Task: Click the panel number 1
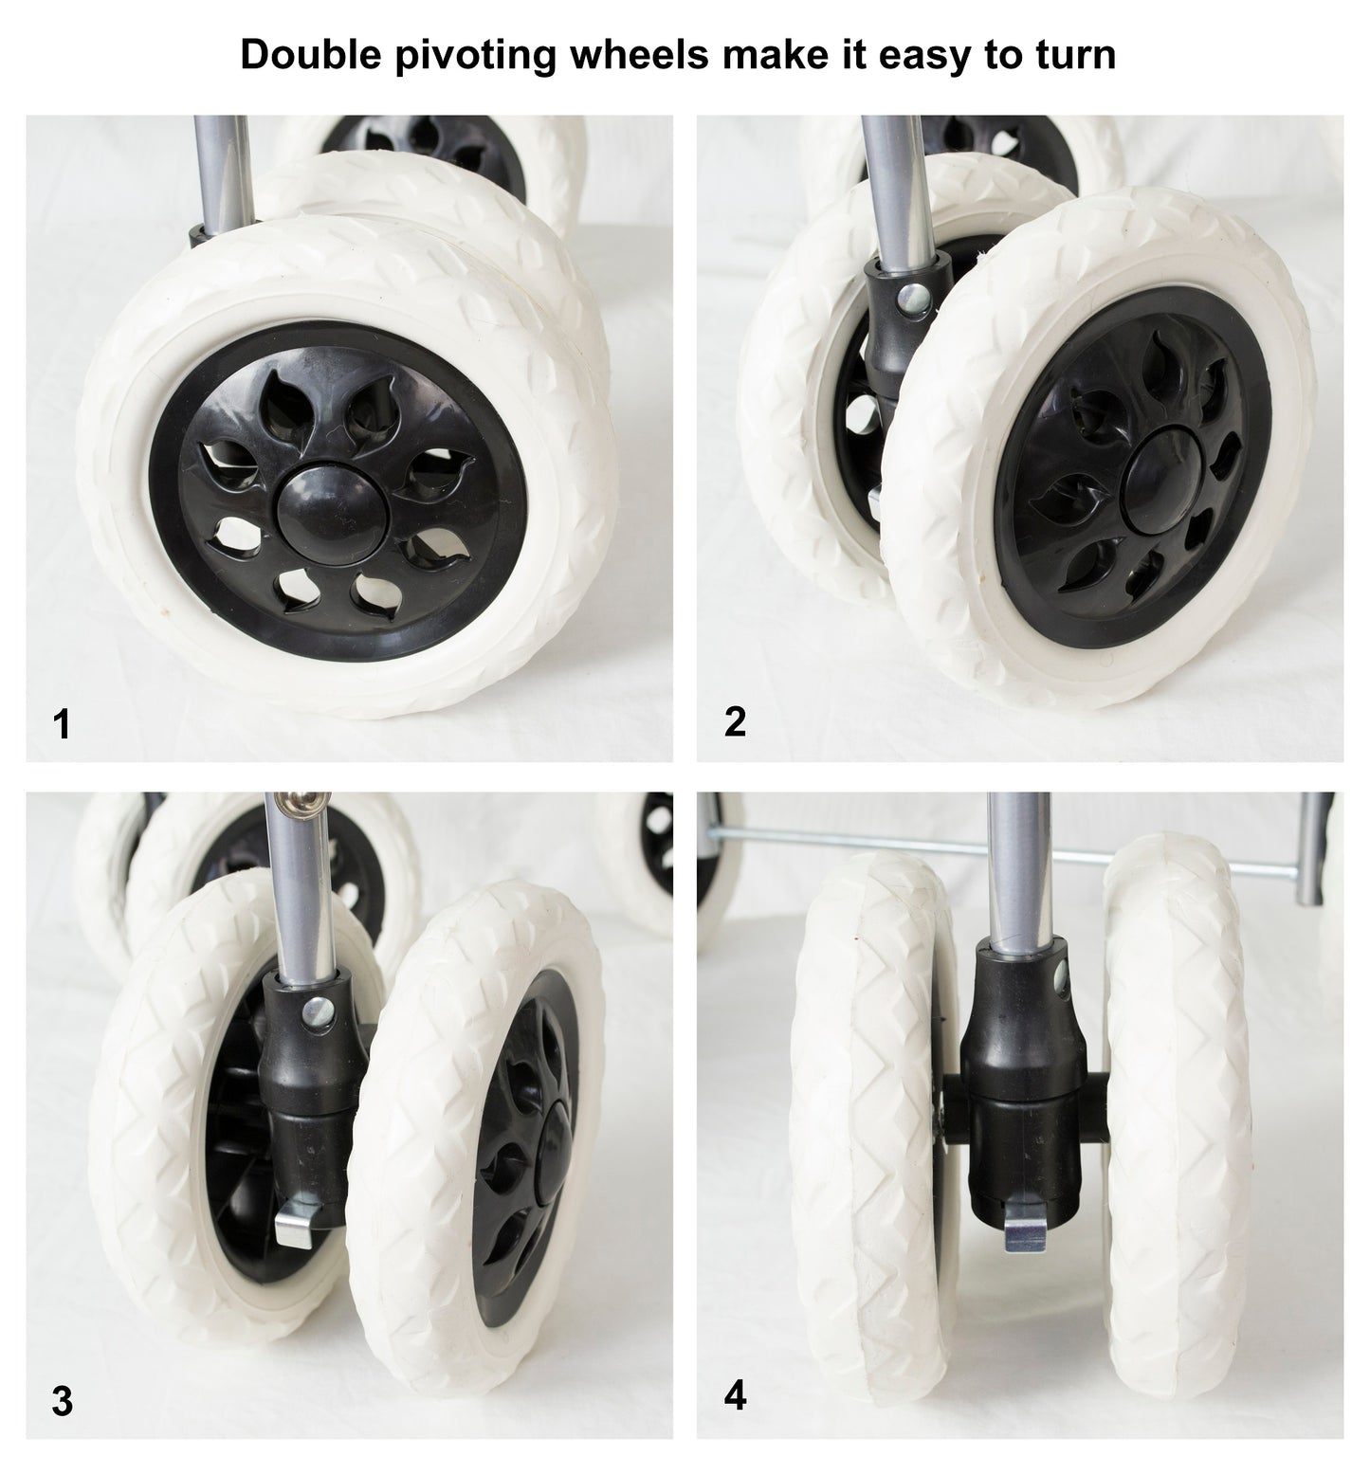point(62,725)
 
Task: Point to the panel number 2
point(735,722)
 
